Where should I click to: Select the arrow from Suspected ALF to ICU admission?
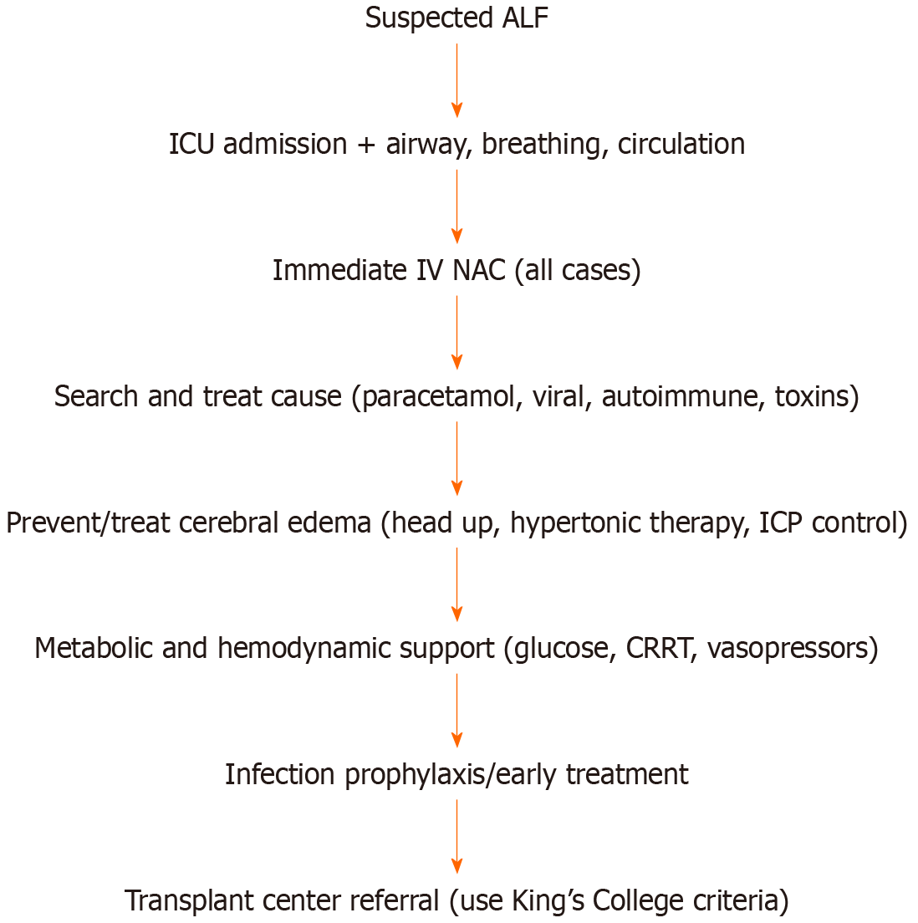(x=456, y=80)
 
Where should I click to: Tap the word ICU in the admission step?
(x=191, y=144)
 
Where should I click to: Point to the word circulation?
(x=681, y=144)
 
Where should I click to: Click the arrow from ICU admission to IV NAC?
(x=456, y=206)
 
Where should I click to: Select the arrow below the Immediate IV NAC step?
(x=456, y=332)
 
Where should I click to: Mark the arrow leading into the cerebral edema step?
(x=456, y=458)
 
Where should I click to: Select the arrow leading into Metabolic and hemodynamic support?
(x=456, y=584)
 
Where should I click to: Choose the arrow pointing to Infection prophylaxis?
(x=456, y=710)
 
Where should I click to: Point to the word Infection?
(x=280, y=774)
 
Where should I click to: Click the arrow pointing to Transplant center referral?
(x=456, y=836)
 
